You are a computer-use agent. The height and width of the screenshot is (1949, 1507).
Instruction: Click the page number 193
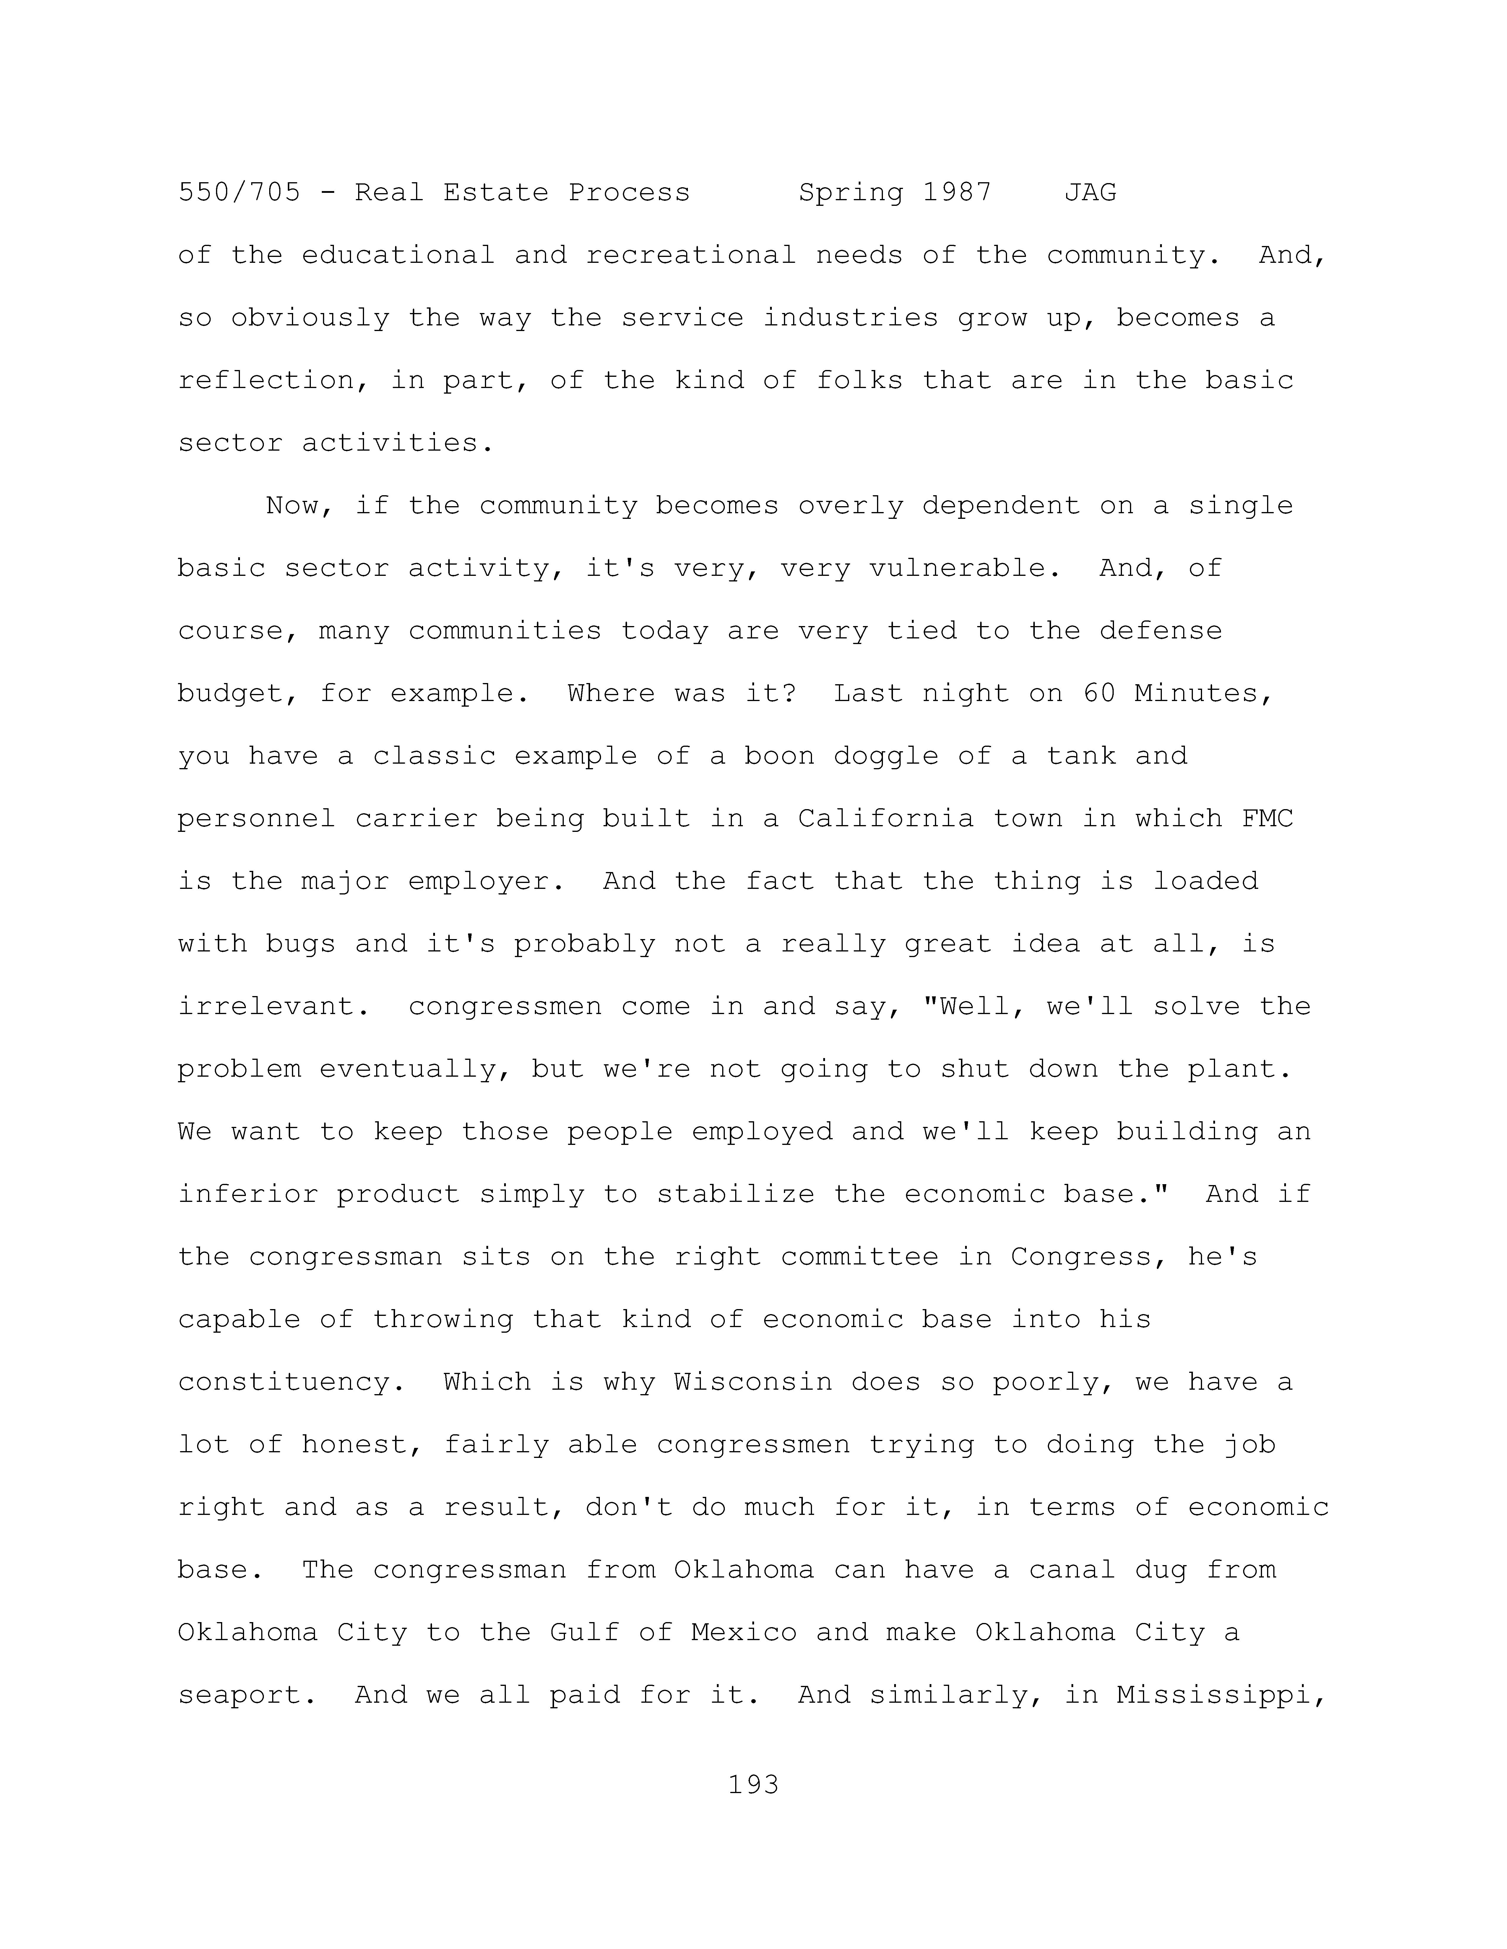coord(753,1785)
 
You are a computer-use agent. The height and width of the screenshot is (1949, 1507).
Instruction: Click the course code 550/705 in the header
coord(239,193)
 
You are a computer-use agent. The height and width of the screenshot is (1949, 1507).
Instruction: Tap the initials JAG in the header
coord(1090,193)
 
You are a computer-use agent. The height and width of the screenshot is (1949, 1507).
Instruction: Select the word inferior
coord(248,1194)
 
